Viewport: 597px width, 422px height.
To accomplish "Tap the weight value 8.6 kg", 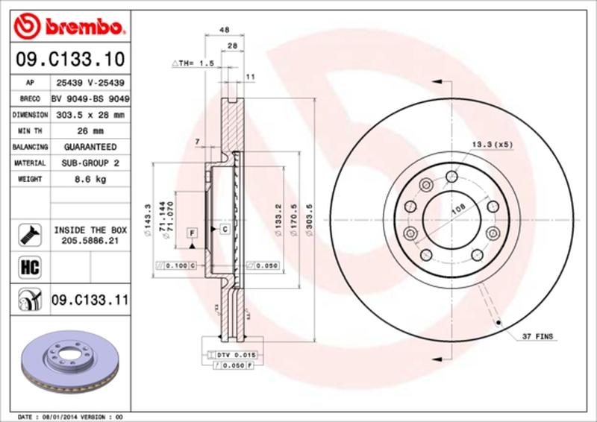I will point(90,180).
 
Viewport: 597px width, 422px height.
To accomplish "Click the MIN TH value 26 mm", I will point(90,131).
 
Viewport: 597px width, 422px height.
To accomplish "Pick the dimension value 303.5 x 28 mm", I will point(90,115).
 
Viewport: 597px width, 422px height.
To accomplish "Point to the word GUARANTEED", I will point(90,148).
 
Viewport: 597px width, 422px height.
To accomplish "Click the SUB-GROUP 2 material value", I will point(90,163).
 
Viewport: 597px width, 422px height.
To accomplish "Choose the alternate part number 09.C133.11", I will point(90,300).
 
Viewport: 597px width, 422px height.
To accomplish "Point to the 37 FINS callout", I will point(538,338).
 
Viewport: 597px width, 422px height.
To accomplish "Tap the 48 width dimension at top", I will point(223,31).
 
